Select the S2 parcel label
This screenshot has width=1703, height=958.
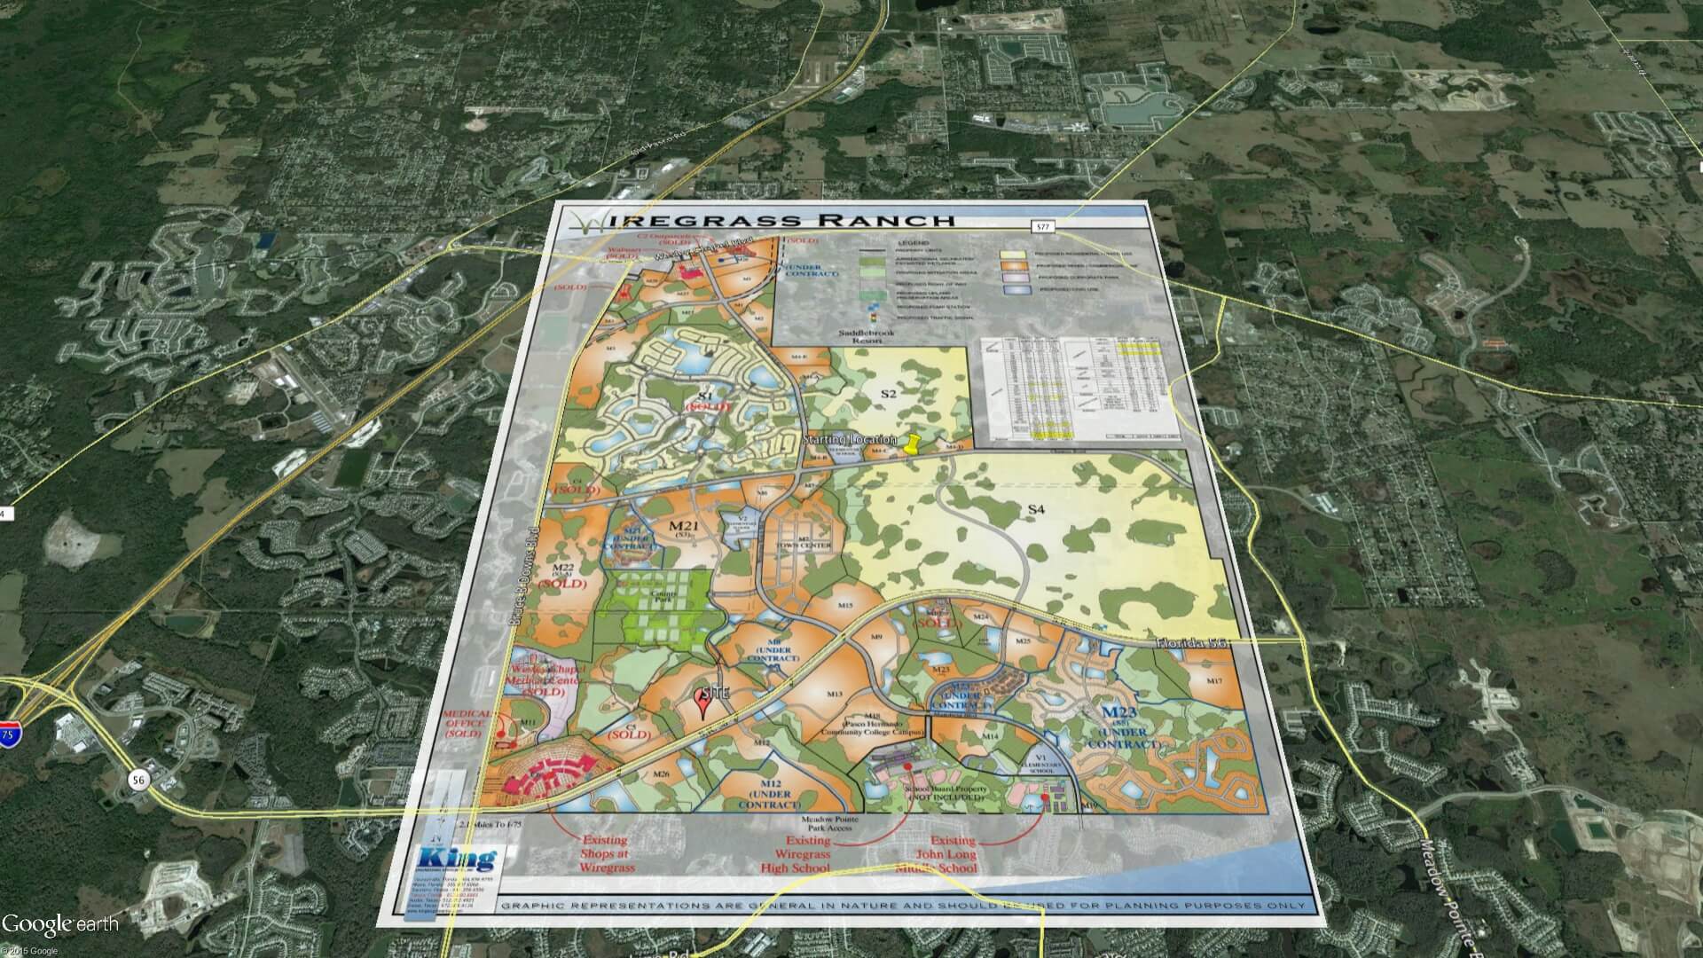coord(889,393)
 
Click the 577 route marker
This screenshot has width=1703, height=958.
coord(1044,228)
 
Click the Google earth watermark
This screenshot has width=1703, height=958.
coord(59,924)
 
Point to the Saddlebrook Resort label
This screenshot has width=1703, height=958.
coord(873,336)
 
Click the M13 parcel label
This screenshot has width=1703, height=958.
coord(834,694)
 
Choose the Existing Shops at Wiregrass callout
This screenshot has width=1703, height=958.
coord(608,853)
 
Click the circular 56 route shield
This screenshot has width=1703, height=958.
coord(137,779)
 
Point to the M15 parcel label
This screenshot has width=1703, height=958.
coord(844,606)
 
